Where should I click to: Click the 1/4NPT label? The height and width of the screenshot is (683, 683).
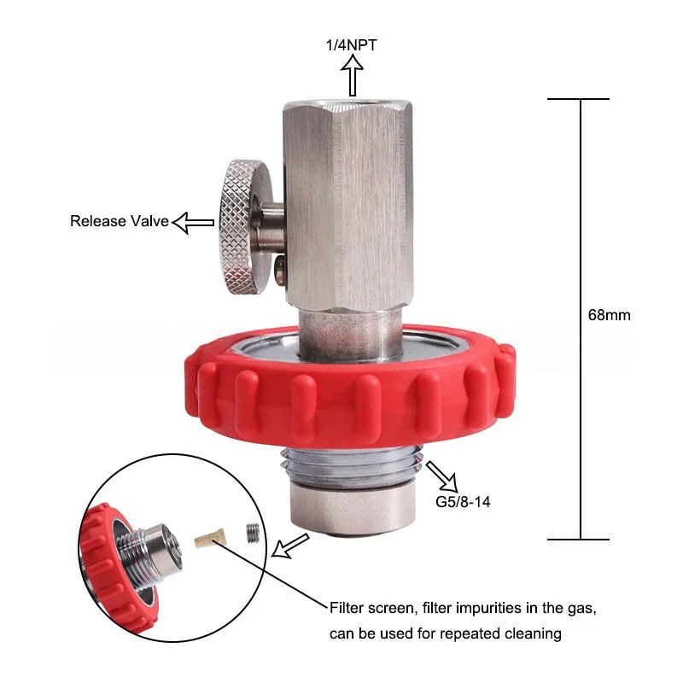351,45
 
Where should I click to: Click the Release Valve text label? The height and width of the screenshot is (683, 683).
120,221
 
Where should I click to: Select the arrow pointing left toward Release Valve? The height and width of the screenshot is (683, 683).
194,223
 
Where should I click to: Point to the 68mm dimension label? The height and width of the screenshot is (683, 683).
609,314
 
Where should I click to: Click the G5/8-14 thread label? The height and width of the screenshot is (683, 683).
463,502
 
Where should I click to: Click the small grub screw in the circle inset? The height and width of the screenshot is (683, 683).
252,532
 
